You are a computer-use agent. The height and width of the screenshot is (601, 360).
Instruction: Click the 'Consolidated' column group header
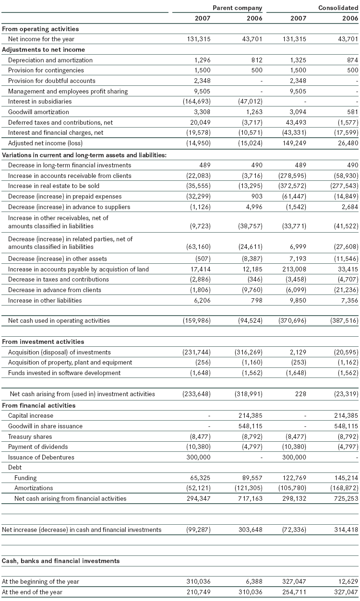[x=338, y=8]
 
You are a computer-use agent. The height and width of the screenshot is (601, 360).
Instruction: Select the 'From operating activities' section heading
[x=40, y=29]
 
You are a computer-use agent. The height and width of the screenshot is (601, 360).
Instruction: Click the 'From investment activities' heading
[x=43, y=342]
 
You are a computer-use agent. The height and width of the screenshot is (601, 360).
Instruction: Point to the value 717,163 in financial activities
[x=250, y=498]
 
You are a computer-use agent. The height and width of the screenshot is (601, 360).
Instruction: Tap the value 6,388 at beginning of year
[x=252, y=581]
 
